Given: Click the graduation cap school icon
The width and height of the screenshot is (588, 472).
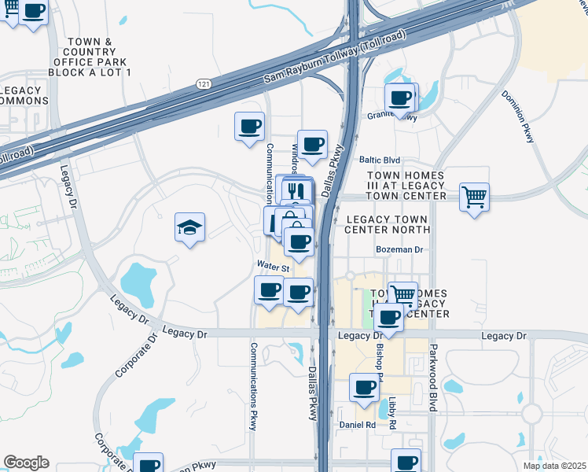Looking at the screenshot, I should point(190,228).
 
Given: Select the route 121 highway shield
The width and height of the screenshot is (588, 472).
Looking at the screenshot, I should point(203,83).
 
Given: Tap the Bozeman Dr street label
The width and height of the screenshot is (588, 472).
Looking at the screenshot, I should point(400,249).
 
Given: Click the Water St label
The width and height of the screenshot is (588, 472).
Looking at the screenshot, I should point(274,267).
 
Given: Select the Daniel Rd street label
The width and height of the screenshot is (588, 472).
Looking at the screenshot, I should point(358,425).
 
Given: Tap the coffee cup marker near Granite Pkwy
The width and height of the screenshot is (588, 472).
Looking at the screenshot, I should point(401,98).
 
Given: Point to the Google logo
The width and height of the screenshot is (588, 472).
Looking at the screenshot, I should point(27,463).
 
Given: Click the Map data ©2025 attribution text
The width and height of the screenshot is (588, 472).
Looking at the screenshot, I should point(554,466).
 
